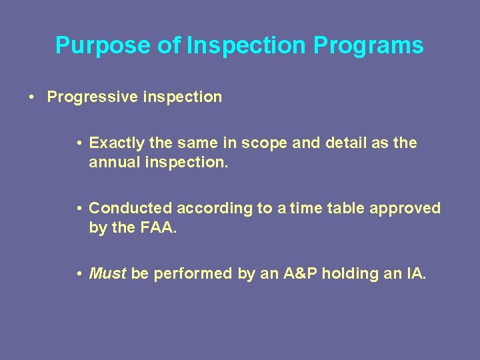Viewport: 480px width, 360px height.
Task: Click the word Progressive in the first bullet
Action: coord(91,97)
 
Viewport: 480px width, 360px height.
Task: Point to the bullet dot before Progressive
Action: coord(32,97)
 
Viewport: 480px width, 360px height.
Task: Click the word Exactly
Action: coord(117,143)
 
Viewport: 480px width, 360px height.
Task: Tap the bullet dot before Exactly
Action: coord(79,143)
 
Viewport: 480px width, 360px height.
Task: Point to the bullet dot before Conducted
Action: coord(79,208)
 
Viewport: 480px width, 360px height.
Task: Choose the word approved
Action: coord(407,208)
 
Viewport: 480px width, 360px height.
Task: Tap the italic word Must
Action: coord(107,273)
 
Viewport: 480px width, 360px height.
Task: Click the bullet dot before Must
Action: coord(79,273)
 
